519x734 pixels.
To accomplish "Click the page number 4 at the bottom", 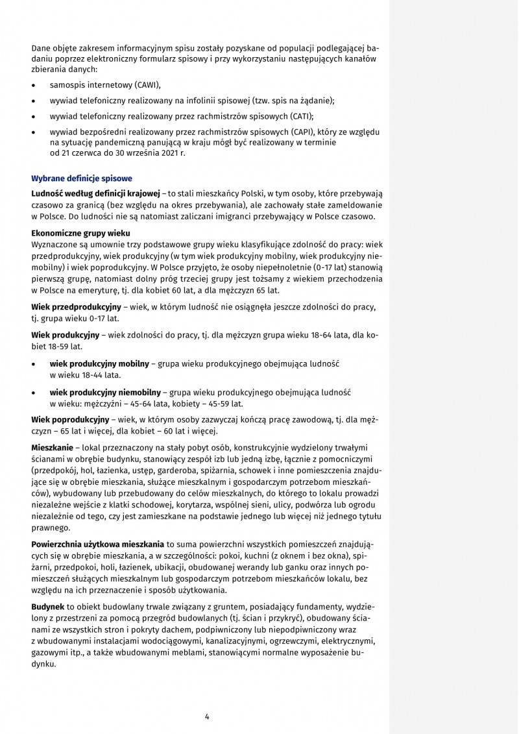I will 206,716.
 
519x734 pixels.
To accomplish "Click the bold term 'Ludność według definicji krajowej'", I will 95,194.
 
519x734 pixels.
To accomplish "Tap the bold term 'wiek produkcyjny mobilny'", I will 99,364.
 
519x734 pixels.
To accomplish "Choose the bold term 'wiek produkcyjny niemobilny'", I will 106,393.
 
